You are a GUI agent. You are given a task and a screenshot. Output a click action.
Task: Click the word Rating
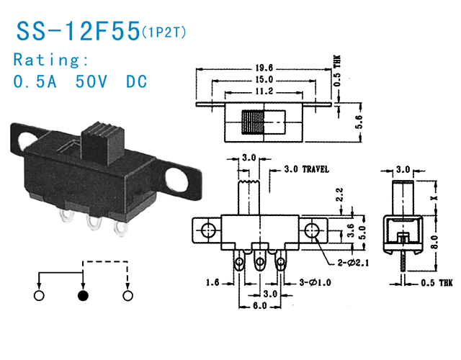(51, 59)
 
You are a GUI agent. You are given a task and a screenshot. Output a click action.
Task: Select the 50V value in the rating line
(94, 81)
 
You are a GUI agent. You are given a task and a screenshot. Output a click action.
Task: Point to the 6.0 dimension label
(259, 306)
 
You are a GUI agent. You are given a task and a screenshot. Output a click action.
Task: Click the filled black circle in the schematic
(84, 295)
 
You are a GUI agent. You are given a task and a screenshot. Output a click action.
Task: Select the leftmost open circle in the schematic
(40, 295)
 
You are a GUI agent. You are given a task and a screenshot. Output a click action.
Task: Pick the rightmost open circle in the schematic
(128, 295)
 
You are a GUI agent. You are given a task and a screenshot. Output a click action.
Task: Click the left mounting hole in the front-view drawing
(209, 230)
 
